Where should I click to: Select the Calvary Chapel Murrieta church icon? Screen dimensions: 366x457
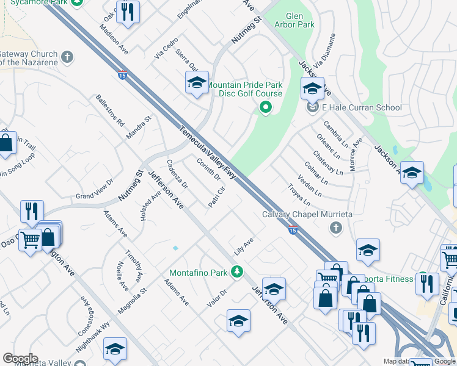click(x=335, y=228)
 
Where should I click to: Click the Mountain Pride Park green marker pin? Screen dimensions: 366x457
click(x=265, y=109)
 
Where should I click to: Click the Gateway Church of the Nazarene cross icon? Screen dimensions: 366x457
click(x=67, y=58)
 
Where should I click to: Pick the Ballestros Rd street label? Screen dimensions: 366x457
click(x=110, y=110)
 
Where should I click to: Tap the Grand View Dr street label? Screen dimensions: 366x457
click(x=95, y=188)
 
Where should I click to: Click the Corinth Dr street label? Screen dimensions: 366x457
click(x=209, y=169)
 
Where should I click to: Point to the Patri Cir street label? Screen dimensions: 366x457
click(x=217, y=197)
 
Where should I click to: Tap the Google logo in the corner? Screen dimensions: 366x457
click(x=20, y=359)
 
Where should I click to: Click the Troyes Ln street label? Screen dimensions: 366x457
click(x=299, y=198)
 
